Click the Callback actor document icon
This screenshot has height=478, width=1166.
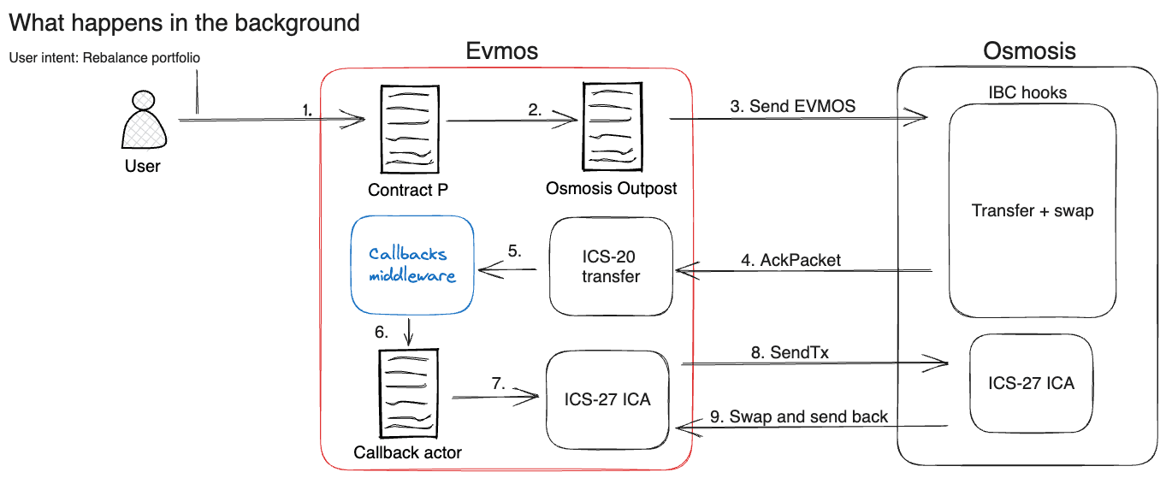406,394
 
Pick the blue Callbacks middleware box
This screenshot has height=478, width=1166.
411,264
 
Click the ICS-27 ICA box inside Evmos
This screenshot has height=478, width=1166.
607,399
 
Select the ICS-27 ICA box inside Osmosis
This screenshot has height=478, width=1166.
1031,383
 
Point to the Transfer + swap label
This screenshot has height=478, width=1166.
1033,210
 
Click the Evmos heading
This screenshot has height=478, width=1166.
502,51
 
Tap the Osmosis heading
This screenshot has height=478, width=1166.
1030,51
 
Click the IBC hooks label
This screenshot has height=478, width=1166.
1027,92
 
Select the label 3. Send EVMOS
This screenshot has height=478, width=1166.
792,106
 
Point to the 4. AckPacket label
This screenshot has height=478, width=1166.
790,260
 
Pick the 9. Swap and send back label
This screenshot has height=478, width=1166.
799,416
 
